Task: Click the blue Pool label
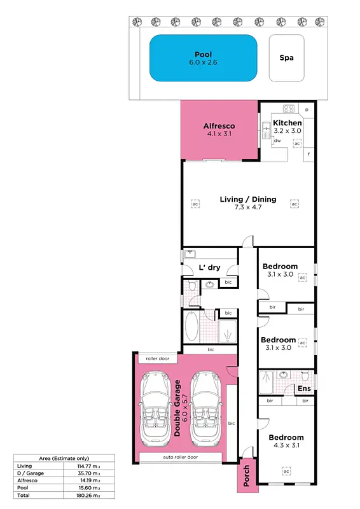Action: (x=203, y=55)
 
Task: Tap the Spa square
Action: (x=286, y=58)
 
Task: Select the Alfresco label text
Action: (x=219, y=125)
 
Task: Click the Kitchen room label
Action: (x=287, y=123)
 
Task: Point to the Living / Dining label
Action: (x=248, y=199)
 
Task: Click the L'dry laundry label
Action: (x=209, y=267)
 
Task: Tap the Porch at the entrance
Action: (x=246, y=474)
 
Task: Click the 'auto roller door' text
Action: (x=180, y=457)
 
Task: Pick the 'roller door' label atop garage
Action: (x=157, y=359)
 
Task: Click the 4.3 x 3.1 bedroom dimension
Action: (x=286, y=446)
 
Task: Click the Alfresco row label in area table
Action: (x=27, y=480)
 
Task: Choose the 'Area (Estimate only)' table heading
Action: (x=63, y=458)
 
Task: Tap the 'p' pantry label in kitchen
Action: (x=307, y=110)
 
